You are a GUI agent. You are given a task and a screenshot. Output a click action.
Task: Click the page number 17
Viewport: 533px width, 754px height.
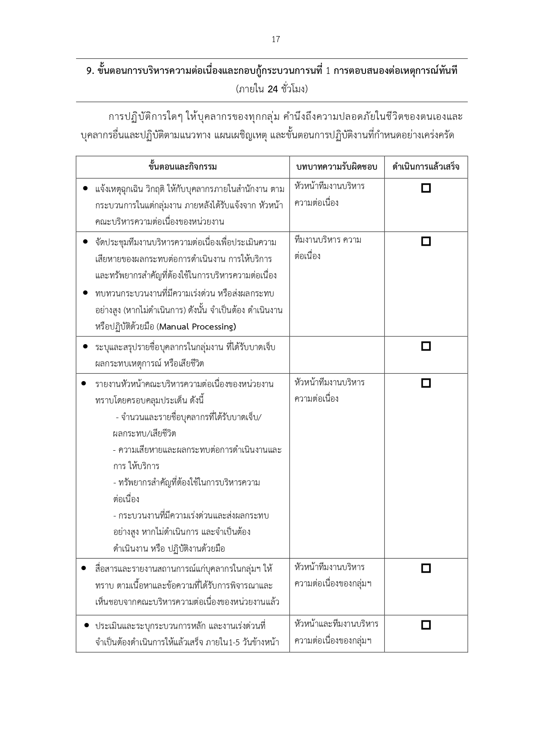276,40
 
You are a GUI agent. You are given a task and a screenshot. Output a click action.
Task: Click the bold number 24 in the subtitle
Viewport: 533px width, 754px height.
273,89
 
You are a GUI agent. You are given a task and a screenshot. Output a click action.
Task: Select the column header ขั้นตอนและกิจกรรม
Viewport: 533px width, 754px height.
183,167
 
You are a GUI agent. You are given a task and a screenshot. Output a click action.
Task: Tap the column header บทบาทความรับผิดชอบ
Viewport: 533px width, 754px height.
337,167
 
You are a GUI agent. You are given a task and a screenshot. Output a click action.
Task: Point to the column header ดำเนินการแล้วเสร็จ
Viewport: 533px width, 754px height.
426,167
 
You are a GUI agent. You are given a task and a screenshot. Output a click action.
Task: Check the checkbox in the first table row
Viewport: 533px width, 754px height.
426,188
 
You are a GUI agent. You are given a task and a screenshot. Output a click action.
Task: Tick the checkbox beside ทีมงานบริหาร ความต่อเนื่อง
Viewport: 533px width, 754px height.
426,241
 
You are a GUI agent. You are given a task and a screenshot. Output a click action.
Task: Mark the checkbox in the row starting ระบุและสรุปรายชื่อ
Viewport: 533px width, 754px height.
426,346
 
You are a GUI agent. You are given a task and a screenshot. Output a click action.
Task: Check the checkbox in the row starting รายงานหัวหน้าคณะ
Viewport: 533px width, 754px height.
426,383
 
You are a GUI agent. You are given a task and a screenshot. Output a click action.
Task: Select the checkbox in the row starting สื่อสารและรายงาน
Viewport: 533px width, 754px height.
426,568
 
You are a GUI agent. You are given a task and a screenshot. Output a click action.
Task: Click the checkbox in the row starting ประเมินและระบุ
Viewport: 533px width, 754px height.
426,625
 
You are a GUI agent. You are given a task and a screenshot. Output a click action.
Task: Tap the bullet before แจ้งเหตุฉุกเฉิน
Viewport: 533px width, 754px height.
85,189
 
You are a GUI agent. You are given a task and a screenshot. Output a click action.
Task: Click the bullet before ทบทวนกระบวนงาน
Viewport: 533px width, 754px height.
85,293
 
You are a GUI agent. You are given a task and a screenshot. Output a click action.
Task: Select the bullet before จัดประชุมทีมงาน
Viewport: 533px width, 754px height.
85,242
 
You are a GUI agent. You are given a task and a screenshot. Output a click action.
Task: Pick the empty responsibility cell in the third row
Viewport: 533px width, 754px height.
337,355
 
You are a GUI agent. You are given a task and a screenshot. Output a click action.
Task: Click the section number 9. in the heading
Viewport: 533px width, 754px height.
90,71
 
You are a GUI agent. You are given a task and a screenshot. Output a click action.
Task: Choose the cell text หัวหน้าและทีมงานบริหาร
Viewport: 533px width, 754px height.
336,624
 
